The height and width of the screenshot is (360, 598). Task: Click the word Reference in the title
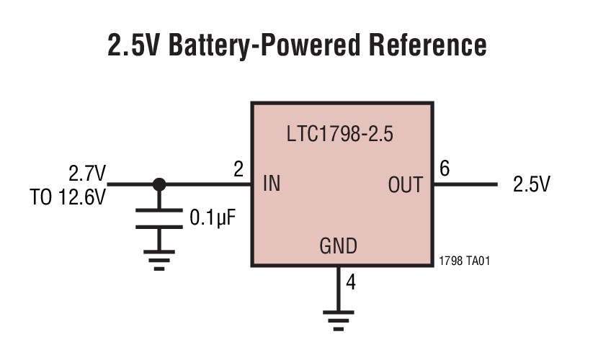click(x=428, y=45)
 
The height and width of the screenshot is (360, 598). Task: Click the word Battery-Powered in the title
click(x=256, y=45)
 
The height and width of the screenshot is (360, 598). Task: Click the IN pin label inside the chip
click(x=272, y=184)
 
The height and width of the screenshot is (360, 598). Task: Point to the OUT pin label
click(x=405, y=185)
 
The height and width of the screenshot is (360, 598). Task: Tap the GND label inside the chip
click(x=338, y=247)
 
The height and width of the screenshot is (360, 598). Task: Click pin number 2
click(x=238, y=170)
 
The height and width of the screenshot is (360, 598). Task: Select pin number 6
click(x=445, y=169)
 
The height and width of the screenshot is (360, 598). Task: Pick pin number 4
click(x=351, y=282)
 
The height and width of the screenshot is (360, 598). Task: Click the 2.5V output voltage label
click(x=531, y=185)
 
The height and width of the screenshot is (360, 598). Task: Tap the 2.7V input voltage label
click(x=87, y=174)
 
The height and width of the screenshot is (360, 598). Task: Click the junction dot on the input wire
click(x=159, y=184)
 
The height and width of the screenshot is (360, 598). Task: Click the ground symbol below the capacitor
click(x=159, y=260)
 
